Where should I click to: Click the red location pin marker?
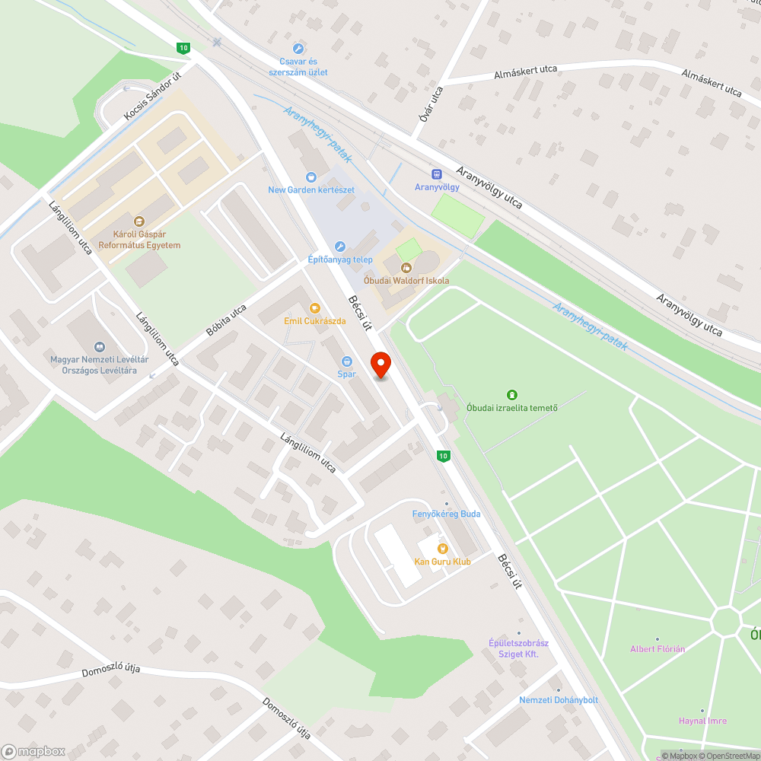(380, 365)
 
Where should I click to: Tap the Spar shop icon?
(347, 361)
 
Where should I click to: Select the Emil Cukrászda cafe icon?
(314, 308)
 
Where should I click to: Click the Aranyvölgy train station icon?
(437, 174)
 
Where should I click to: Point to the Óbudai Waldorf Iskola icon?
(406, 267)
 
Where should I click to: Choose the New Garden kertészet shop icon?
(311, 177)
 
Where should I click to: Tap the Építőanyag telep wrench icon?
(340, 247)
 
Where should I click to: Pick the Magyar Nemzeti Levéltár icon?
(99, 347)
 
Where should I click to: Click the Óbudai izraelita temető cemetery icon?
(511, 395)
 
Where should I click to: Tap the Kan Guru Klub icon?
(442, 548)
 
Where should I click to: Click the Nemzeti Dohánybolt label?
(559, 699)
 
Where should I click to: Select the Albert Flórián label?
(658, 648)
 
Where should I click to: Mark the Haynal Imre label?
(702, 720)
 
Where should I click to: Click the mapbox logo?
(33, 750)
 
